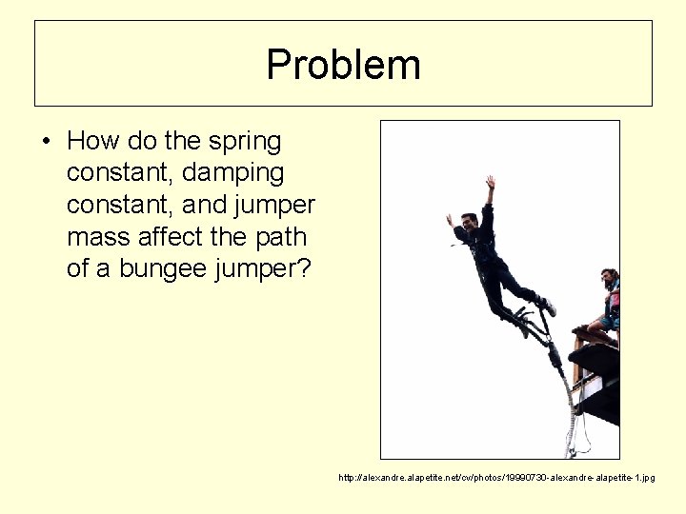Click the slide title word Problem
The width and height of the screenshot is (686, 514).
(343, 65)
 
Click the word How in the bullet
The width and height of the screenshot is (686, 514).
(91, 142)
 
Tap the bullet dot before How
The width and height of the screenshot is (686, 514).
(46, 143)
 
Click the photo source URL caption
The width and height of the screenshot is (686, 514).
(496, 477)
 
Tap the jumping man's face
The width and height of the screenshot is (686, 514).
(467, 226)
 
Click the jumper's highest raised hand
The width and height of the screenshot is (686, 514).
(490, 181)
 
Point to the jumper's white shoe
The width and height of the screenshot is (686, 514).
(548, 306)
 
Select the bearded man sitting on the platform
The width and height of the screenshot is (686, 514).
(606, 300)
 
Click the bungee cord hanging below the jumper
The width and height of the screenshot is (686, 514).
(568, 400)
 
